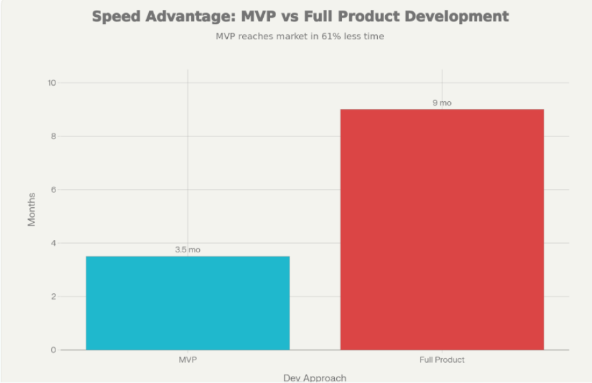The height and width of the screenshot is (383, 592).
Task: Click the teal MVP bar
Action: point(188,303)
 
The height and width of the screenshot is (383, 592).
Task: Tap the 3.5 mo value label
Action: point(188,250)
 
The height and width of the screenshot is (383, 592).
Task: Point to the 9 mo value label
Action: point(442,103)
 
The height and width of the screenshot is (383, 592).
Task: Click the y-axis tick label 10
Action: point(52,83)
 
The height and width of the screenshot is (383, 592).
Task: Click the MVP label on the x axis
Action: point(188,360)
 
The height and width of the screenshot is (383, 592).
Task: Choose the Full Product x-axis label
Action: point(442,360)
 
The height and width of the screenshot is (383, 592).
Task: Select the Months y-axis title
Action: point(31,210)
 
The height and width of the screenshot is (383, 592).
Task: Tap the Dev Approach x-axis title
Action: point(315,378)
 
